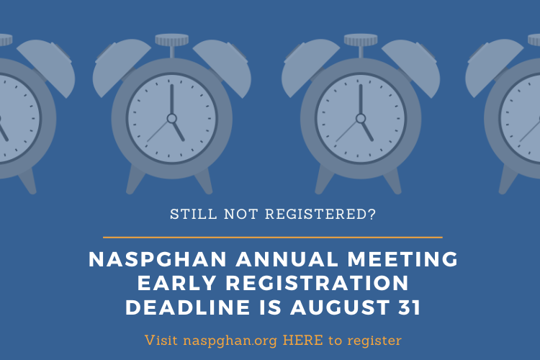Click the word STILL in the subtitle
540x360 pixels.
pos(194,215)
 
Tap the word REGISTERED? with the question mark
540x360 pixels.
pos(320,215)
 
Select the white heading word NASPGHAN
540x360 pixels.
pos(158,259)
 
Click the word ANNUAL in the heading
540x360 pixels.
pos(287,259)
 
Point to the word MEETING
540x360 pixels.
pos(402,259)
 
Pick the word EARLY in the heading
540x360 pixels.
pos(176,283)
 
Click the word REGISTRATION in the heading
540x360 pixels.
pos(318,283)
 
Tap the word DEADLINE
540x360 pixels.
pos(188,307)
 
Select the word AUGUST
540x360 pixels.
pos(340,307)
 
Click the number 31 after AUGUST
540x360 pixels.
pos(410,307)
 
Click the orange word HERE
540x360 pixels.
pos(302,341)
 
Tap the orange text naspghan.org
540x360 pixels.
pos(230,341)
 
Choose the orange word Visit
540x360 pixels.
pos(161,341)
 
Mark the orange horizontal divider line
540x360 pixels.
pos(272,238)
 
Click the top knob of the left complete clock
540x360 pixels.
pos(172,40)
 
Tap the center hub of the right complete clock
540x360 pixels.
pos(361,119)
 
